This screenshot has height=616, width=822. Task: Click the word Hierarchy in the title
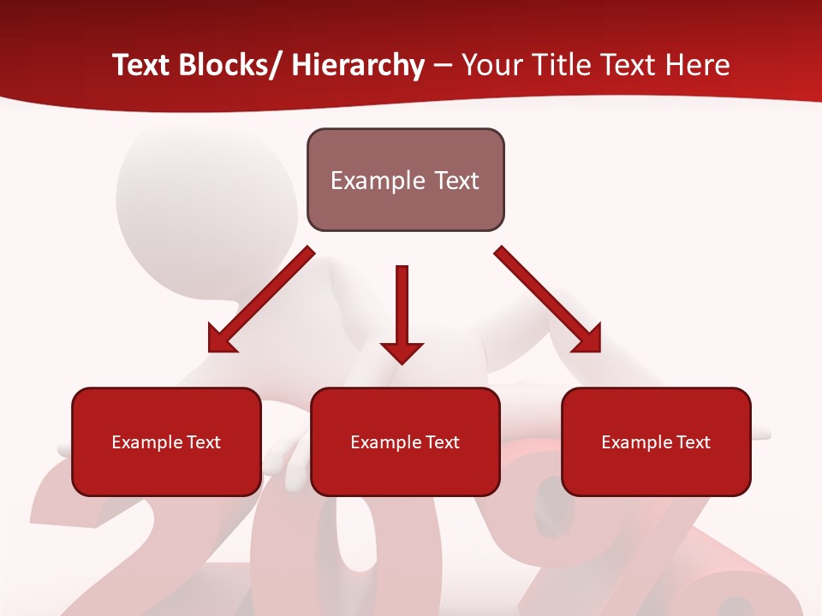pos(358,65)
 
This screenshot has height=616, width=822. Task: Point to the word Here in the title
pos(700,65)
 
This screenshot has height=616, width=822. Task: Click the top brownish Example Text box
pos(405,180)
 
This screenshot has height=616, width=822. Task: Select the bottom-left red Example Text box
pos(166,441)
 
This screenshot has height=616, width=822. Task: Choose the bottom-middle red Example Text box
pos(405,441)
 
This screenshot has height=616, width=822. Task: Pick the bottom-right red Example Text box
pos(656,441)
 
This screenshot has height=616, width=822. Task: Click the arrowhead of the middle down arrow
pos(402,352)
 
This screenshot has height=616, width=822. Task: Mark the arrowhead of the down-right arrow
pos(588,340)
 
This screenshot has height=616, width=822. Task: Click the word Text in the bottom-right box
pos(692,442)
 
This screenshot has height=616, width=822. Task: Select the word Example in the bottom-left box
pos(146,442)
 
